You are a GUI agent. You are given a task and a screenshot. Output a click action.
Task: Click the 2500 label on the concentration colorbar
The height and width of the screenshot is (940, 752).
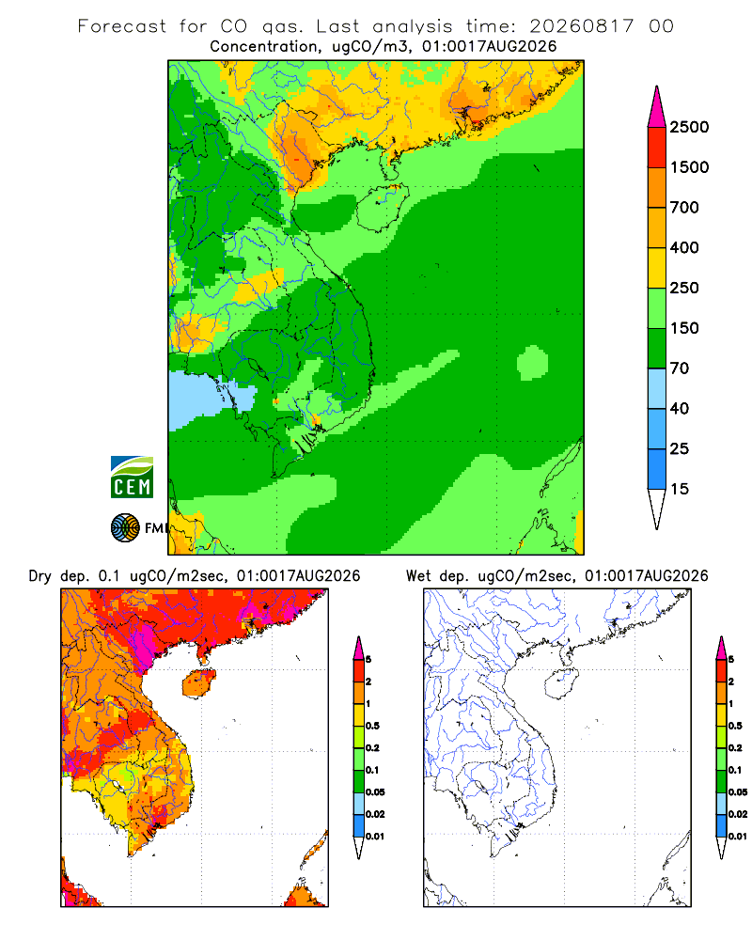(x=689, y=127)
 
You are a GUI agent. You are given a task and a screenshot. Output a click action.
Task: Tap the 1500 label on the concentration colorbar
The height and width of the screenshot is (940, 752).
(x=689, y=167)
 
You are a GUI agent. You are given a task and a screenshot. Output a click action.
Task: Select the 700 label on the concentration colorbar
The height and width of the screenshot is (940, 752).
(x=684, y=208)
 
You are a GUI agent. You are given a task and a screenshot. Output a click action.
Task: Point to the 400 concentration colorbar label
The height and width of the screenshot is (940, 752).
(x=684, y=247)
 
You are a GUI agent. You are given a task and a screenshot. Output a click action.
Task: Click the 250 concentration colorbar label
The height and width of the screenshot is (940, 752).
(x=684, y=288)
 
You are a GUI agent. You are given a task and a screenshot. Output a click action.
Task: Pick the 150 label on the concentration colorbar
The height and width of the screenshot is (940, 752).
(x=684, y=328)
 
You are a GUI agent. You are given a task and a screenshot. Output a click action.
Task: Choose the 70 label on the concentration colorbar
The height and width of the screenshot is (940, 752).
(x=680, y=368)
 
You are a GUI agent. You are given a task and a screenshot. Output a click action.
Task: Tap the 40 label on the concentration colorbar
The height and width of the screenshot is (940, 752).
(x=680, y=408)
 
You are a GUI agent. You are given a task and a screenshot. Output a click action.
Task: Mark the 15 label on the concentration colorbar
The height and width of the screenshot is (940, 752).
(x=680, y=489)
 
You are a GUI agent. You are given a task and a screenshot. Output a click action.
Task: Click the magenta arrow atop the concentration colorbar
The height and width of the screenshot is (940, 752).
(x=657, y=109)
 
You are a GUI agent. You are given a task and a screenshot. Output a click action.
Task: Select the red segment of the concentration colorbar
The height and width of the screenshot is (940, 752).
(x=657, y=148)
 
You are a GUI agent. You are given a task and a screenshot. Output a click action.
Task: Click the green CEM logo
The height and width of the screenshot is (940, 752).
(x=132, y=478)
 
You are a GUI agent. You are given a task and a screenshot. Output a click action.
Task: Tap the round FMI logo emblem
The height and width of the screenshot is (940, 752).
(x=125, y=528)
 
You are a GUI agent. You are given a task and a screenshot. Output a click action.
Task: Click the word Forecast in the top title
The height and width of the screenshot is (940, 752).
(x=122, y=26)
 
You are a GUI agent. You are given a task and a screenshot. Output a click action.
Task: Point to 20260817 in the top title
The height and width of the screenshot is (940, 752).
(x=581, y=26)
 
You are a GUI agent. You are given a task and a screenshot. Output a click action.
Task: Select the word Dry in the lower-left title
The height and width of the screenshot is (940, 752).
(x=40, y=576)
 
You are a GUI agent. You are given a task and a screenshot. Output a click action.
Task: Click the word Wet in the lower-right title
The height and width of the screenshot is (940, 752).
(x=418, y=576)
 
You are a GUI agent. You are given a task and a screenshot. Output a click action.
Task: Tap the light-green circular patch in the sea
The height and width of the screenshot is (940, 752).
(x=533, y=363)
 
